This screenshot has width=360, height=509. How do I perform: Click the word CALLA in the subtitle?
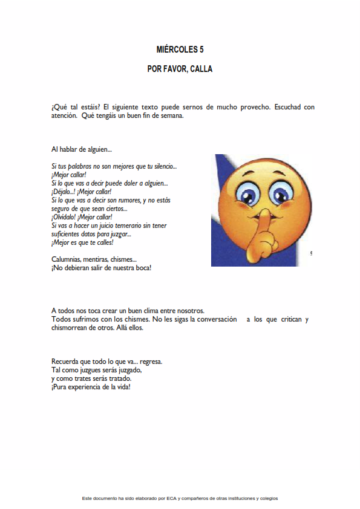point(201,69)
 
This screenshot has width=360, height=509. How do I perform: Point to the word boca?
point(140,267)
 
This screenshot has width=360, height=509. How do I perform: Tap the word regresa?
point(151,362)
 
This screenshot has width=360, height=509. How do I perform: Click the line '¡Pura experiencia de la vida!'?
point(91,387)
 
